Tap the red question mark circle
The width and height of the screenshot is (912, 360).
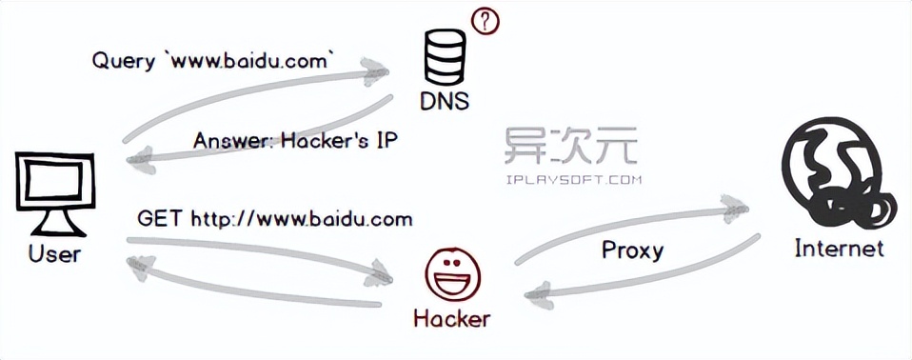(485, 20)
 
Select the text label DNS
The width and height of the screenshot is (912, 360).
(445, 101)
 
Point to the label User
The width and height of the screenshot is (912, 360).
(55, 254)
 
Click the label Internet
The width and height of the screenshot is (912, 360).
(839, 250)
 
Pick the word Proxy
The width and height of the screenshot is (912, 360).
(632, 250)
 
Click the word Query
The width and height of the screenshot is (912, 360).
(124, 61)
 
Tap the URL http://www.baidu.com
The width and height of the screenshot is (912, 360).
(302, 219)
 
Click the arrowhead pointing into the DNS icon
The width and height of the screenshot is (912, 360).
(381, 70)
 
